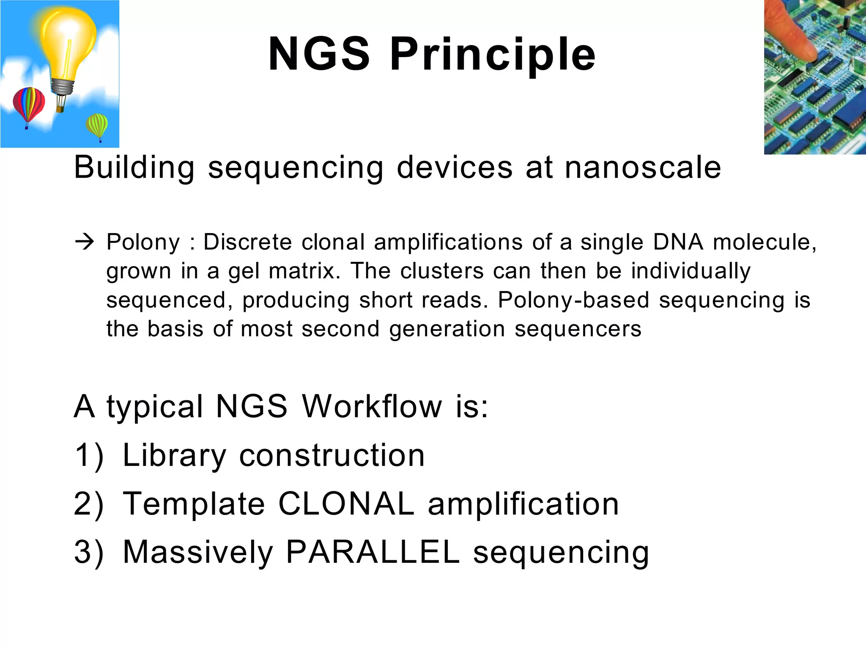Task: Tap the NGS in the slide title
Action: (x=319, y=54)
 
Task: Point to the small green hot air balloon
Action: (x=97, y=125)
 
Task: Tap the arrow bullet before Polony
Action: (x=84, y=242)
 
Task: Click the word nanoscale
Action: (x=643, y=168)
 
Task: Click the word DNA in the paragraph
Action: (x=678, y=242)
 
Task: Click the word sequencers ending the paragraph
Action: (x=578, y=329)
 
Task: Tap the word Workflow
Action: (x=372, y=406)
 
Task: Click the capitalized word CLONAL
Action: (x=346, y=504)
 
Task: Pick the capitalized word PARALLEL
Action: (x=373, y=552)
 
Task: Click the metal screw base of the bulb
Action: (x=63, y=86)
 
